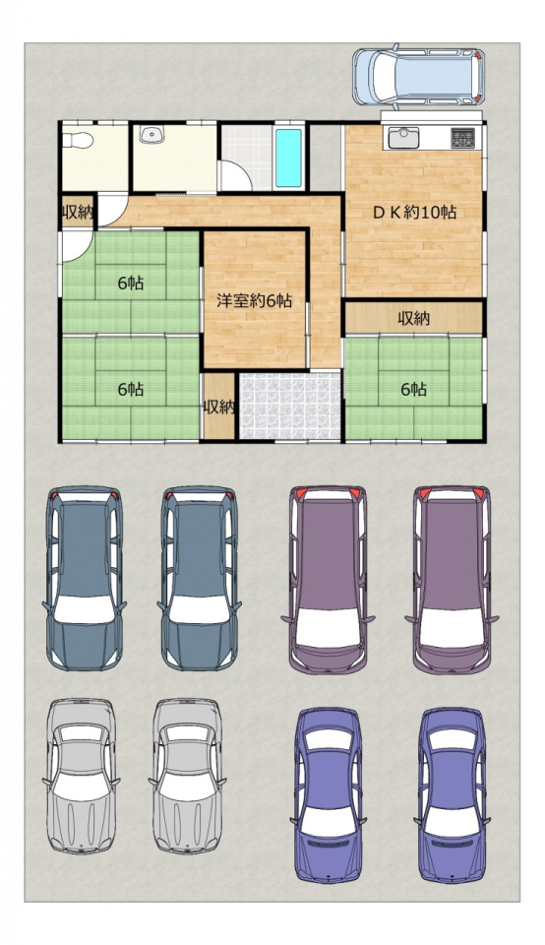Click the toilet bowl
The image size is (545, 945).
pyautogui.click(x=78, y=140)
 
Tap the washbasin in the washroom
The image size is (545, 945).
pyautogui.click(x=151, y=135)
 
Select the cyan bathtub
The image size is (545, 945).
pyautogui.click(x=288, y=157)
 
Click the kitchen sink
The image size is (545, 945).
pyautogui.click(x=403, y=138)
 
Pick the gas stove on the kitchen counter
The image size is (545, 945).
pyautogui.click(x=463, y=138)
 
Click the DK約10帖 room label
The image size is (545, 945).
pyautogui.click(x=414, y=213)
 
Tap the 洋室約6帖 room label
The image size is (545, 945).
pyautogui.click(x=255, y=301)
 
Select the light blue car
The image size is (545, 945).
pyautogui.click(x=418, y=77)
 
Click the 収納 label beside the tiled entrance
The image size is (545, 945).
pyautogui.click(x=218, y=408)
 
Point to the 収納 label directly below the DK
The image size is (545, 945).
pyautogui.click(x=414, y=319)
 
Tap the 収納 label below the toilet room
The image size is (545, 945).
pyautogui.click(x=77, y=213)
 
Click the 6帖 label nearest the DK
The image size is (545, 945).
pyautogui.click(x=414, y=390)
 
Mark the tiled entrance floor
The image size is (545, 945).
pyautogui.click(x=290, y=406)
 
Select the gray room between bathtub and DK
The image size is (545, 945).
pyautogui.click(x=326, y=157)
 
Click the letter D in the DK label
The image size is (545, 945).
pyautogui.click(x=379, y=213)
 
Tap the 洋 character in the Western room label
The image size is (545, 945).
pyautogui.click(x=224, y=301)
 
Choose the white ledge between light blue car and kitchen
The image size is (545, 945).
pyautogui.click(x=432, y=116)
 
